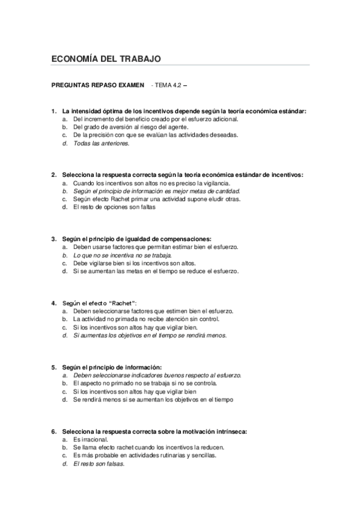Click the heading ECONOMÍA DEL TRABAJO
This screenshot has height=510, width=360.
pyautogui.click(x=106, y=59)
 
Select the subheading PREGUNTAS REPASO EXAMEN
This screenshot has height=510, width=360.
pyautogui.click(x=98, y=85)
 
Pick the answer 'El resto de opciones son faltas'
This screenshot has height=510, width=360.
pyautogui.click(x=114, y=207)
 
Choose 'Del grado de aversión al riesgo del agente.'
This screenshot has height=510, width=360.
pyautogui.click(x=130, y=127)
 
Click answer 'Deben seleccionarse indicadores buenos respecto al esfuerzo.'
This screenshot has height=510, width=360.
pyautogui.click(x=157, y=375)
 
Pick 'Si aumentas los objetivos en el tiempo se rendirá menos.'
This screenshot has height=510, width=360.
pyautogui.click(x=150, y=335)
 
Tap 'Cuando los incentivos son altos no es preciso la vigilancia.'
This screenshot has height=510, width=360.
pyautogui.click(x=151, y=183)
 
